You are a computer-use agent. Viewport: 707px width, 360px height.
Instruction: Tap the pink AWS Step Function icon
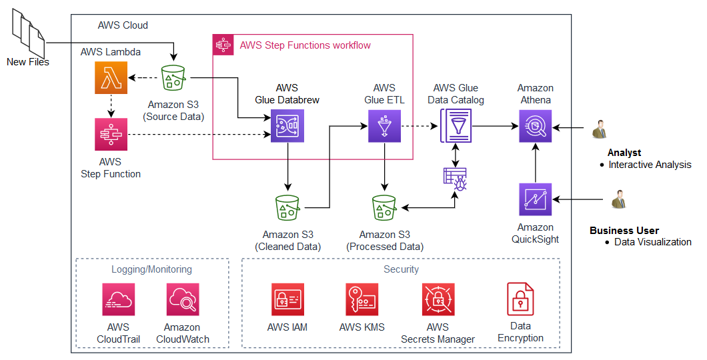tap(110, 135)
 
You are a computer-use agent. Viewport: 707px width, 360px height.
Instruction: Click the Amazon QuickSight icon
tap(536, 199)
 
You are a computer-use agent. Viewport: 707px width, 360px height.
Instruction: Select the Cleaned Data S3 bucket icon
tap(288, 208)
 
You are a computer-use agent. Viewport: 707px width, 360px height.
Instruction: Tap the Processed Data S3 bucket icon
tap(385, 208)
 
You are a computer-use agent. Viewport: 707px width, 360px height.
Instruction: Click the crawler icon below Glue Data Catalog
tap(456, 179)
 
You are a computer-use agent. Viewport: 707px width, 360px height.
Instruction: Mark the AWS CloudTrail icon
tap(119, 299)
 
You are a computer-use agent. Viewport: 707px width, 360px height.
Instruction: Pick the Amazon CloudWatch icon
tap(183, 299)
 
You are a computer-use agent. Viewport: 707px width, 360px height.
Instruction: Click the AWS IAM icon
tap(287, 299)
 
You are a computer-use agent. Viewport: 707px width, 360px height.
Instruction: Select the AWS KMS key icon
tap(362, 299)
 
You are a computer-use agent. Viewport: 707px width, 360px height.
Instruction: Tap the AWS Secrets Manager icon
tap(438, 299)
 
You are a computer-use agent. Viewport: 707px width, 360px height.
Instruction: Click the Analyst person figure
tap(599, 129)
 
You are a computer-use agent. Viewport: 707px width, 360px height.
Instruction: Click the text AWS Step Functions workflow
tap(305, 45)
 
